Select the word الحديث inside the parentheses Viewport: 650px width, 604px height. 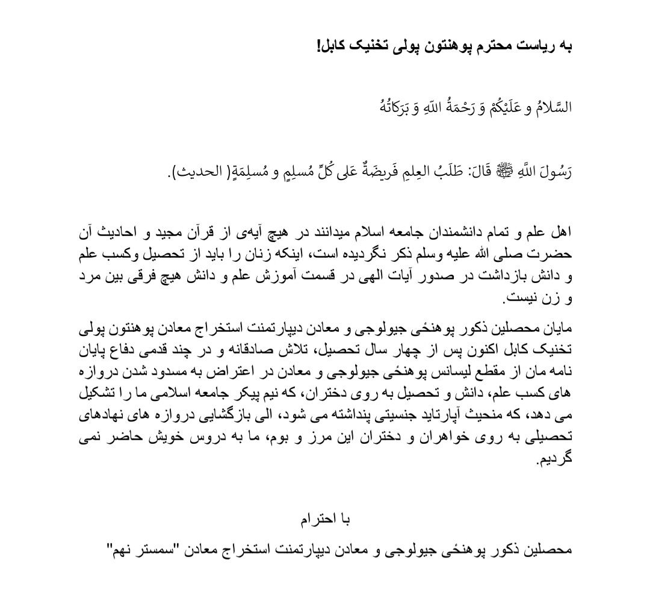click(x=193, y=172)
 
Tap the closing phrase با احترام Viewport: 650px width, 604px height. click(x=325, y=518)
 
